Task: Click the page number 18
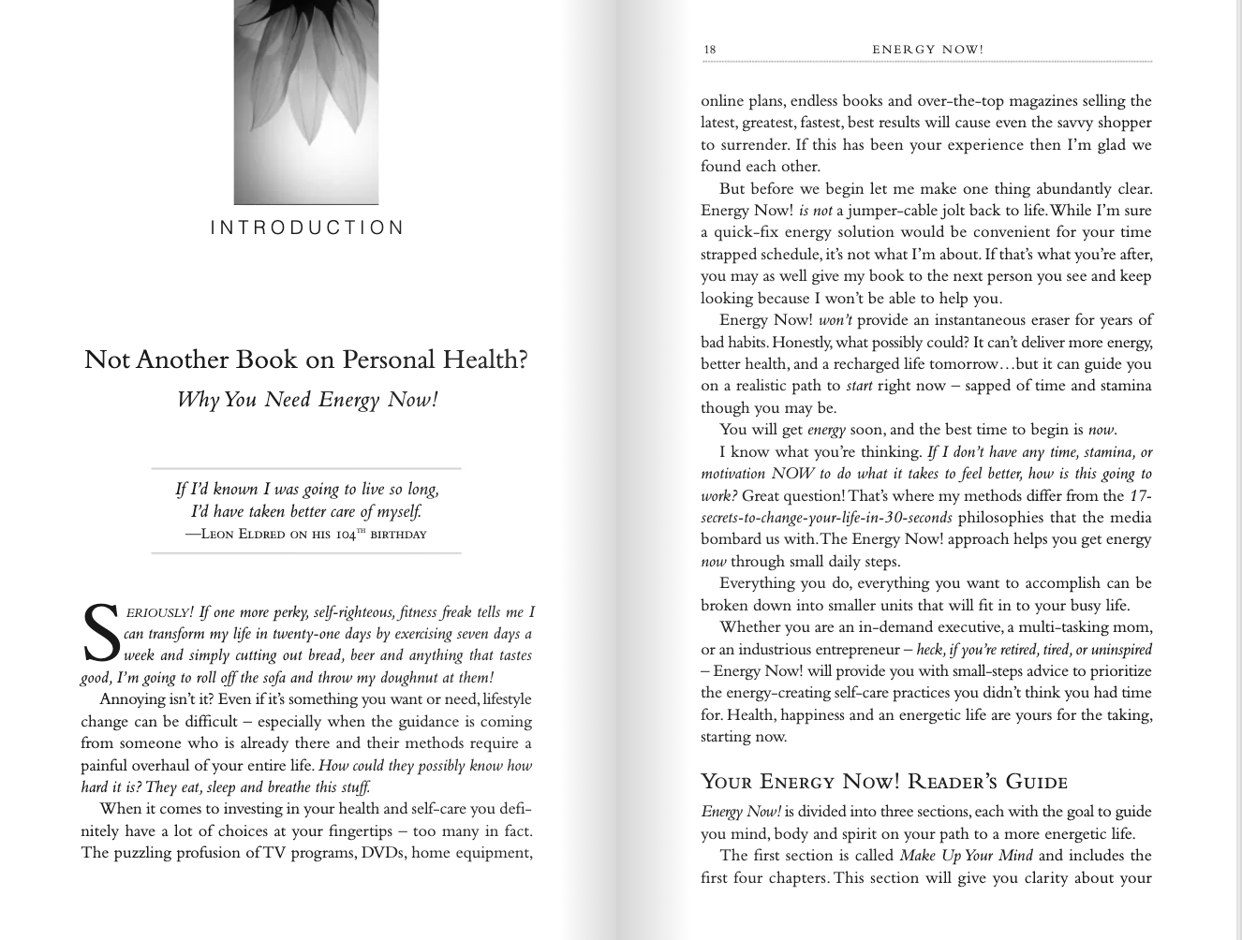[709, 50]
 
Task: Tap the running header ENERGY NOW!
[927, 50]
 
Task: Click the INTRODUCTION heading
[307, 228]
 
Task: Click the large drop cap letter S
[100, 634]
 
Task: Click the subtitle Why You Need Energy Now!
[307, 400]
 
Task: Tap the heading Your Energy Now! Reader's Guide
[884, 782]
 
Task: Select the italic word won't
[835, 320]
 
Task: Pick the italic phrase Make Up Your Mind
[966, 856]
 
